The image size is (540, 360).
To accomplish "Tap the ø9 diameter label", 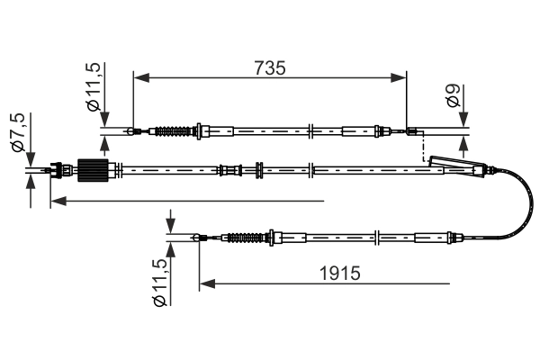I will [455, 98].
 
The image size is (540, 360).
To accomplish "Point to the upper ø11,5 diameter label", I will [94, 87].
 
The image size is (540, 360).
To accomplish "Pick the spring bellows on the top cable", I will [175, 132].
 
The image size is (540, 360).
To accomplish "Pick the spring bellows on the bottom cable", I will [247, 238].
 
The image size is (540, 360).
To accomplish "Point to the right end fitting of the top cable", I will [413, 134].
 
